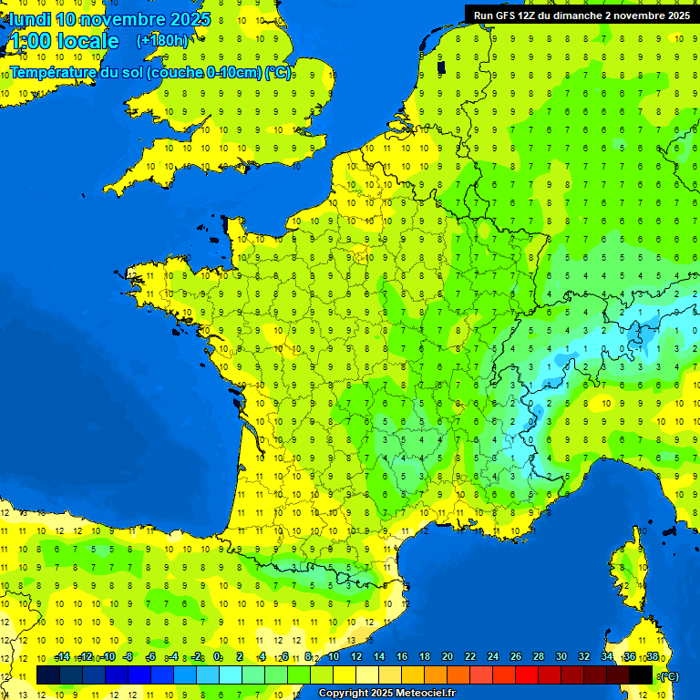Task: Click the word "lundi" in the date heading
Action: click(30, 19)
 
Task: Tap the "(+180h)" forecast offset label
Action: click(162, 41)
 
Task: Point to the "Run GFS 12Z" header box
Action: click(581, 15)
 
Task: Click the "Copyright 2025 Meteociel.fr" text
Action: click(387, 694)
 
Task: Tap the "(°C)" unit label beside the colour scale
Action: click(668, 675)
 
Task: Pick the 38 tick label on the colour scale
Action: click(652, 656)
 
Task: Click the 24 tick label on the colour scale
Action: click(492, 656)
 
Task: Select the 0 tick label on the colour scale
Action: click(217, 656)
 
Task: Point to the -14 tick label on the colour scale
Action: click(62, 656)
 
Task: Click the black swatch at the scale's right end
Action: click(641, 674)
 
